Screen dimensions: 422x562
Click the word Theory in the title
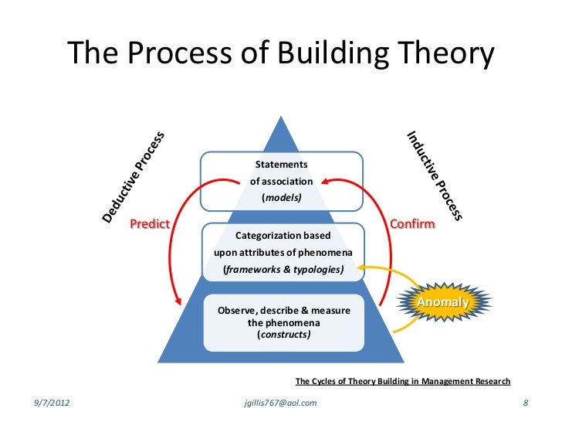(x=439, y=53)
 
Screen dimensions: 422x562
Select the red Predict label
(x=150, y=224)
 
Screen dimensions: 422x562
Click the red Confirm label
(x=413, y=224)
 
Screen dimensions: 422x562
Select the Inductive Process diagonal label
(x=435, y=175)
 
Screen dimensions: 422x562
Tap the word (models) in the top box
(x=282, y=198)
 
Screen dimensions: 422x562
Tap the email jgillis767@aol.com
(x=279, y=403)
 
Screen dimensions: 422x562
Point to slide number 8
(x=525, y=403)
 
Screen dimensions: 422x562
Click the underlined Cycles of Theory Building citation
(x=403, y=381)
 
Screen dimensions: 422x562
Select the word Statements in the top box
(x=282, y=165)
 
